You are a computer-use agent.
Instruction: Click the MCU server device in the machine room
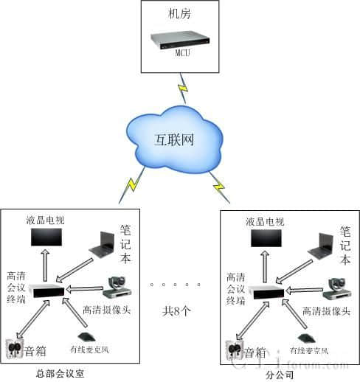(x=179, y=41)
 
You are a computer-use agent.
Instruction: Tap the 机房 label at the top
(x=179, y=14)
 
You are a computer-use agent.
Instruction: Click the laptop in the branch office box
(x=322, y=245)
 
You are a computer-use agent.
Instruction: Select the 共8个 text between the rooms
(x=177, y=310)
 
